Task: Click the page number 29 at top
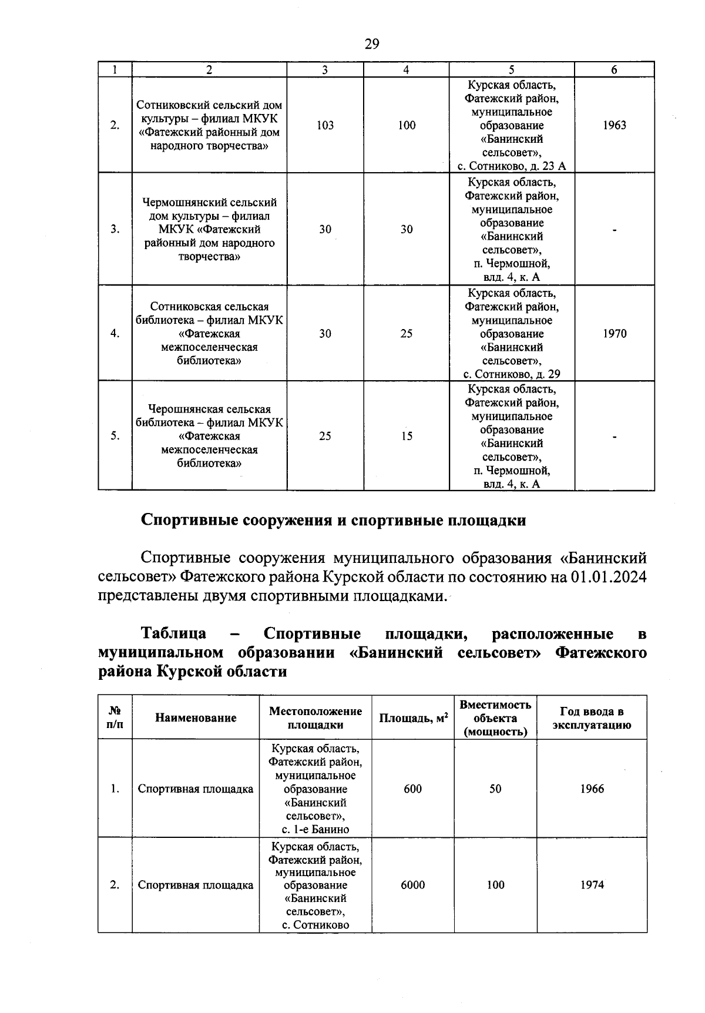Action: coord(372,44)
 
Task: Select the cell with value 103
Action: coord(325,125)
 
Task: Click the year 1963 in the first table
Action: coord(614,125)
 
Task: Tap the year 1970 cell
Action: coord(615,334)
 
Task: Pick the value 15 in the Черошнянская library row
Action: coord(407,436)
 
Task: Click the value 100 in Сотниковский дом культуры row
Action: coord(407,125)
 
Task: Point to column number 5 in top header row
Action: coord(511,70)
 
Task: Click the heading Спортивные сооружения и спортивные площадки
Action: coord(333,521)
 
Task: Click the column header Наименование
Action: coord(196,717)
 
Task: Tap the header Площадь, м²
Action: coord(413,717)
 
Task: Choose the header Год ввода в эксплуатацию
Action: coord(592,718)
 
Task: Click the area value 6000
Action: coord(412,885)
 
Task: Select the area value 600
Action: coord(412,789)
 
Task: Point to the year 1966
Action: coord(592,789)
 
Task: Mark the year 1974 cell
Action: coord(592,885)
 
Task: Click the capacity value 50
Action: coord(495,789)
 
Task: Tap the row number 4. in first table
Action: coord(115,334)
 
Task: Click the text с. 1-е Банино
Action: coord(315,830)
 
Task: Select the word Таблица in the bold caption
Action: coord(173,634)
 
